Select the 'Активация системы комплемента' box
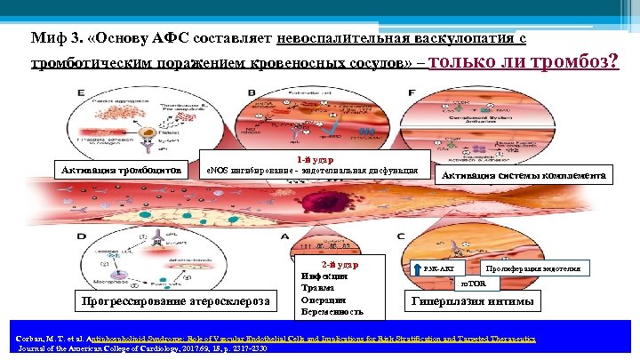524,175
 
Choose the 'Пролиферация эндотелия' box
533,268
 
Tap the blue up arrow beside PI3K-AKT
420,268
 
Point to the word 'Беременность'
332,312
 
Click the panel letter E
82,92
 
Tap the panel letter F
411,92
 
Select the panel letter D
82,236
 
